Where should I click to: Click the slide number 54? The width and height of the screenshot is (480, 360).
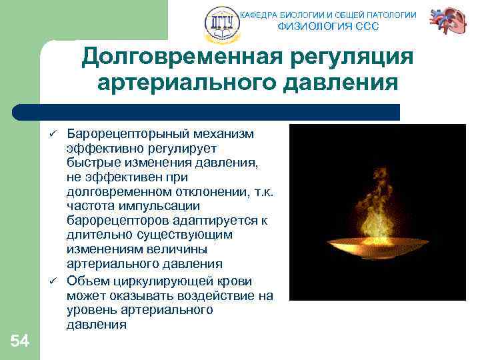(20, 341)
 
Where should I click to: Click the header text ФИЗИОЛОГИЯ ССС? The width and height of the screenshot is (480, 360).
(327, 27)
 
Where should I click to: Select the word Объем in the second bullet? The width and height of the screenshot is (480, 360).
(85, 280)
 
